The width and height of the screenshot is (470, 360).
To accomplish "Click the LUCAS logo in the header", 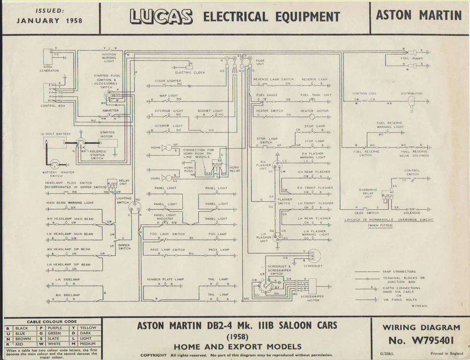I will (161, 17).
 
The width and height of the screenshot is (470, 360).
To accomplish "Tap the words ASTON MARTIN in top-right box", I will (419, 16).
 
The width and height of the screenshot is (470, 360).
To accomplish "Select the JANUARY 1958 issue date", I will (49, 21).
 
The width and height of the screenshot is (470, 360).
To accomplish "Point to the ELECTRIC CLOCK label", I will (190, 72).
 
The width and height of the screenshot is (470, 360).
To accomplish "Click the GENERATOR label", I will (49, 71).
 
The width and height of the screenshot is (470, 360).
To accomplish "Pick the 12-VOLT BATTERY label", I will (56, 134).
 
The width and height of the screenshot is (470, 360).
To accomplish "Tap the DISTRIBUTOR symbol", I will (411, 101).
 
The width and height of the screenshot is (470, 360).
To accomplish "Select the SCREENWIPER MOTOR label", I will (310, 298).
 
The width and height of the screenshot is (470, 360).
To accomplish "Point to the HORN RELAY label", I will (234, 169).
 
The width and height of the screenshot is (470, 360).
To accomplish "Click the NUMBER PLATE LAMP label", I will (165, 279).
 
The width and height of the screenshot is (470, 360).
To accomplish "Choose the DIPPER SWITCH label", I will (124, 247).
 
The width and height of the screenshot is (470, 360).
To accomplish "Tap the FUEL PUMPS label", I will (412, 58).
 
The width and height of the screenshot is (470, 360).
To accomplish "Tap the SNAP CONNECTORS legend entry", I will (399, 271).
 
